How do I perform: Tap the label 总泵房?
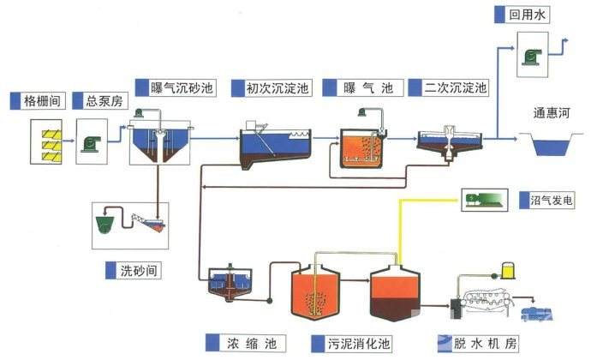click(104, 101)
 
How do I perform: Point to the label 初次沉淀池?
click(278, 87)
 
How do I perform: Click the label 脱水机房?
click(486, 343)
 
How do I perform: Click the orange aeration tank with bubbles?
click(364, 146)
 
